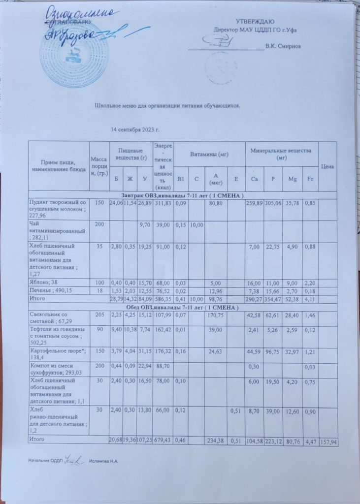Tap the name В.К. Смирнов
(282, 47)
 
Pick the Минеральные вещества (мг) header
(282, 152)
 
